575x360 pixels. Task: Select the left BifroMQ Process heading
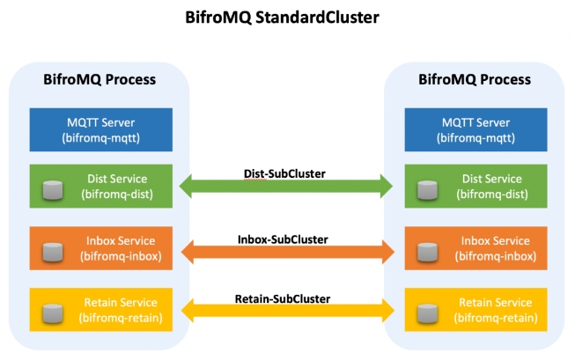[100, 79]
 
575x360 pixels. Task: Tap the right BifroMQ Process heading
[475, 79]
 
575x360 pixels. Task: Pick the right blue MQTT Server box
[475, 129]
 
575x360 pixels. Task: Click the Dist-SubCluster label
[284, 173]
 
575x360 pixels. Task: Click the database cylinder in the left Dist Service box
[54, 188]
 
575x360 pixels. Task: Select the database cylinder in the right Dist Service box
[428, 188]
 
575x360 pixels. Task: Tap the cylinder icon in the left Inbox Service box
[54, 250]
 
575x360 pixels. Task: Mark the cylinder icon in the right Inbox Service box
[428, 250]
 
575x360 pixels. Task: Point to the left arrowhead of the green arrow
[188, 186]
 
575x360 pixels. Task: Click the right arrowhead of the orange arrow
[386, 251]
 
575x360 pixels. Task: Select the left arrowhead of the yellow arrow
[188, 311]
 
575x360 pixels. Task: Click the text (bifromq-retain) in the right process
[495, 317]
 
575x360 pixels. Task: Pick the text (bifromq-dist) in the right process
[495, 194]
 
